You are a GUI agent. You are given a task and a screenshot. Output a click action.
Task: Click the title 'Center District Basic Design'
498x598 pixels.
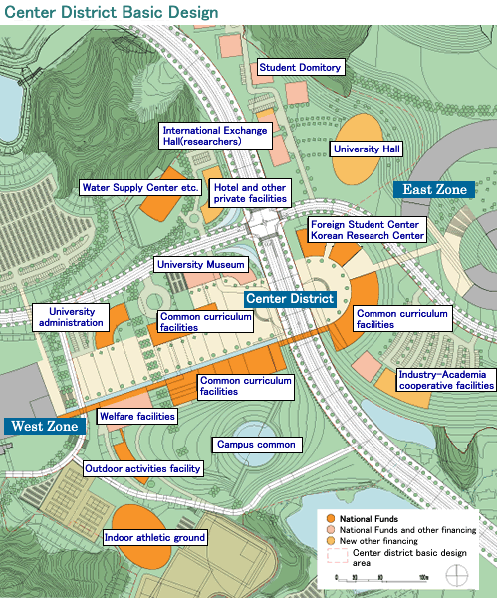[110, 11]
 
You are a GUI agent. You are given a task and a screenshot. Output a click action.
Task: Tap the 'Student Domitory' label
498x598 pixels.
[300, 68]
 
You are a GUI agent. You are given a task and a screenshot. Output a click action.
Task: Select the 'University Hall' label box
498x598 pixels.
[366, 149]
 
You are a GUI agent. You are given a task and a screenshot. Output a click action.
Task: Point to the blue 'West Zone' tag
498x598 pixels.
[42, 427]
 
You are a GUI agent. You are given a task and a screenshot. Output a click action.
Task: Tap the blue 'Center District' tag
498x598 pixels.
[287, 299]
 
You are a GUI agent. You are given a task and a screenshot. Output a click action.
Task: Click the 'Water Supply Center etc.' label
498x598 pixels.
[140, 187]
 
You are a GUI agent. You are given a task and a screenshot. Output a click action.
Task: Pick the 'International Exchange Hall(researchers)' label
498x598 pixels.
[216, 136]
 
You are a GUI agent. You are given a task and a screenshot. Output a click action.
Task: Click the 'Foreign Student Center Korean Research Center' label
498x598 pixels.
[367, 231]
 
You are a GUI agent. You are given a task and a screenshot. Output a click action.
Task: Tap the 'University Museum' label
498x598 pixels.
[199, 265]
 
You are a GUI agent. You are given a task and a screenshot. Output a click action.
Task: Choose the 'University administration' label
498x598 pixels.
[69, 317]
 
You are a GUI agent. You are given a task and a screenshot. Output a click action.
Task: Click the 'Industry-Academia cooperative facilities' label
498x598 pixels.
[445, 379]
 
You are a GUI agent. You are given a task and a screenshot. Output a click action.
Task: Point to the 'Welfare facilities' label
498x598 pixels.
[137, 416]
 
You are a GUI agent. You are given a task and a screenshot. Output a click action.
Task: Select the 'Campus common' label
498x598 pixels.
[255, 444]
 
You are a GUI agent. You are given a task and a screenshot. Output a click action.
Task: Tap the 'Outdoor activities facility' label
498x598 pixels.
[142, 468]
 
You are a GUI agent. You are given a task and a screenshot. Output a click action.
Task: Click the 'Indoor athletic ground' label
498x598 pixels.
[154, 538]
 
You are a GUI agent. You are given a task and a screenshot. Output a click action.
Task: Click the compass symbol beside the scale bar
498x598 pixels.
[458, 576]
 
